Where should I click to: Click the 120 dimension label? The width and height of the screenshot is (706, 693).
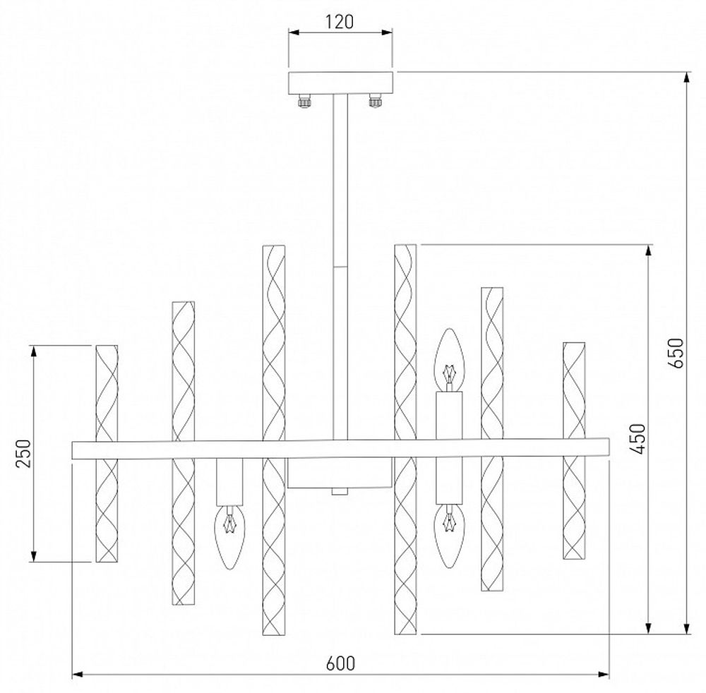pyautogui.click(x=340, y=21)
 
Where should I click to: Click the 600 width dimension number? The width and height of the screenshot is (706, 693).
pyautogui.click(x=341, y=663)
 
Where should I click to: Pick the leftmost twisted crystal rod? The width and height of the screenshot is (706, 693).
pyautogui.click(x=107, y=452)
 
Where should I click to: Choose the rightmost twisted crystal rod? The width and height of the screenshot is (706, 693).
pyautogui.click(x=574, y=450)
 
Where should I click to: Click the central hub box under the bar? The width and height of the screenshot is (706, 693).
pyautogui.click(x=340, y=472)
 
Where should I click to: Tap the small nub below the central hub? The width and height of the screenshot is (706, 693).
pyautogui.click(x=340, y=491)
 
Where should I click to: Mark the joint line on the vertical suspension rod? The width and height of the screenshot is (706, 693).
pyautogui.click(x=340, y=266)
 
